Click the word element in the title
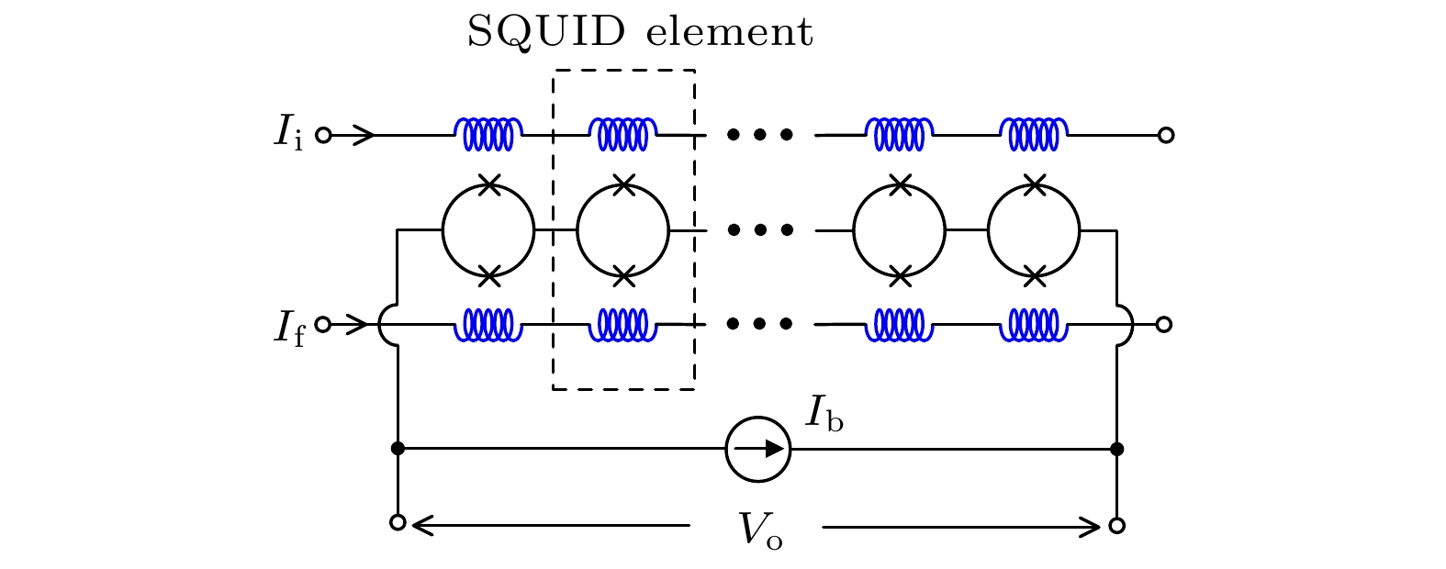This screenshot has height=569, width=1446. tap(730, 33)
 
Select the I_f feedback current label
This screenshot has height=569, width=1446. tap(287, 326)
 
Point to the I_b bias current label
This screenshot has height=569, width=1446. tap(824, 414)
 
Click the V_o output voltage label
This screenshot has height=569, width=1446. tap(761, 530)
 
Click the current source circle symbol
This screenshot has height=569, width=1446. tap(757, 449)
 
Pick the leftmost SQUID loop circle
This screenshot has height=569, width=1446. tap(488, 230)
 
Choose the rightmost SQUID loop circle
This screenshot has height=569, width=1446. tap(1034, 230)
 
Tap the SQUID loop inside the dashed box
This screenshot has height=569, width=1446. tap(623, 230)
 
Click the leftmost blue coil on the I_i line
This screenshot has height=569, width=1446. tap(488, 134)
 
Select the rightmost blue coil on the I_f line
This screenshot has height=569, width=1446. tap(1034, 324)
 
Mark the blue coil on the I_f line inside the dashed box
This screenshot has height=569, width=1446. tap(623, 324)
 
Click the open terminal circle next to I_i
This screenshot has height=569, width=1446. tap(323, 135)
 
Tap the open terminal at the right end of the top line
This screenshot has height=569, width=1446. tap(1166, 135)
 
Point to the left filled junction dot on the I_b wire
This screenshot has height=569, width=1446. tap(398, 449)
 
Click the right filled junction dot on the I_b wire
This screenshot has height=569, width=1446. tap(1116, 449)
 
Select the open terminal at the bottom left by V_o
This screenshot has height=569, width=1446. tap(398, 523)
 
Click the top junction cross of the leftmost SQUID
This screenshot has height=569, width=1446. tap(489, 184)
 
